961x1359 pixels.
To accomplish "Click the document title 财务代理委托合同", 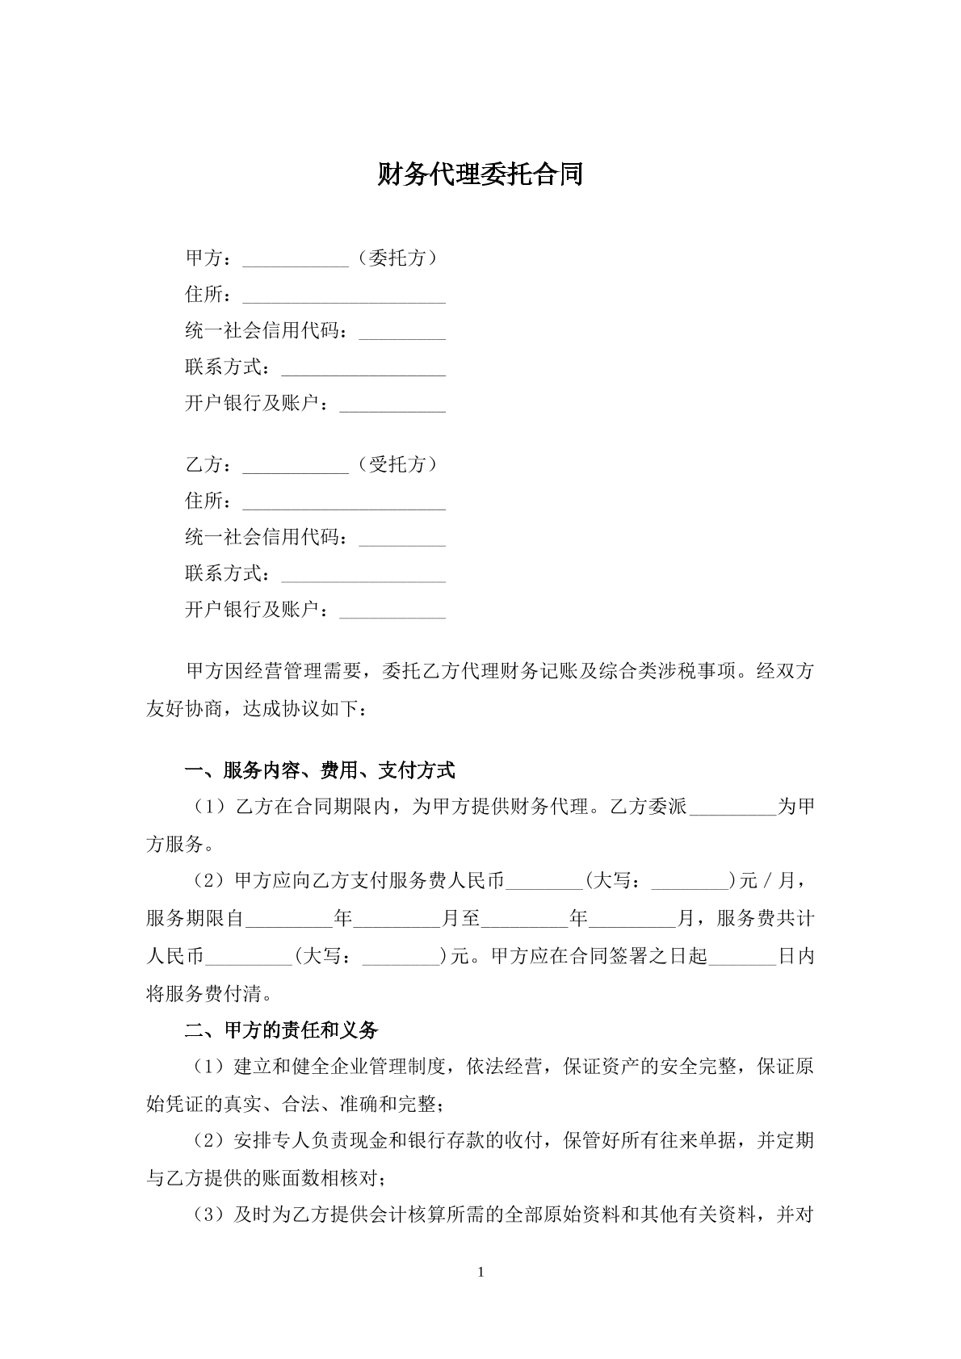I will tap(480, 174).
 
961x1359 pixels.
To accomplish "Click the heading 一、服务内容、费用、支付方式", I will tap(320, 771).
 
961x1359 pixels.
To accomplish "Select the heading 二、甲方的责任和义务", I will tap(281, 1030).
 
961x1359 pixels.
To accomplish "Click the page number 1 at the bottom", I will tap(481, 1273).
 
